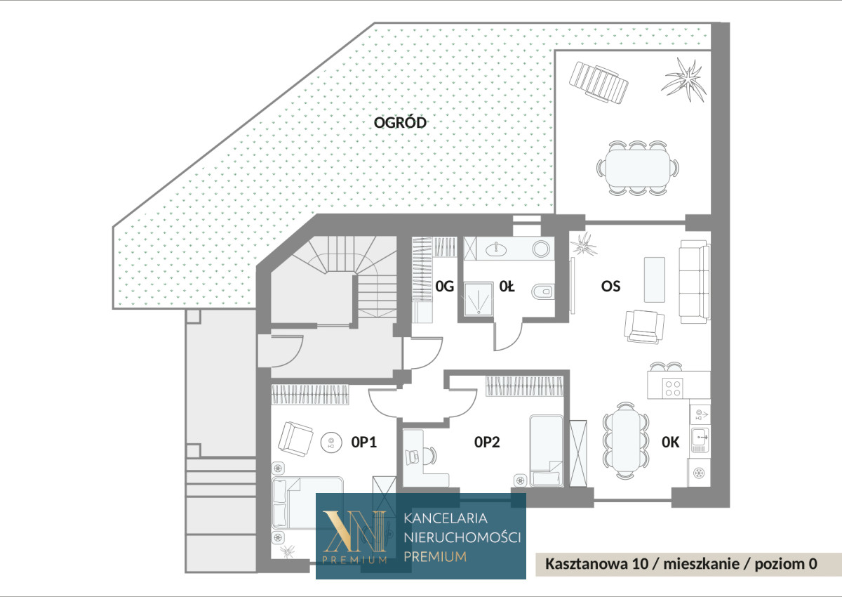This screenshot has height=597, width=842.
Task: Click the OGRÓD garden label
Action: tap(400, 122)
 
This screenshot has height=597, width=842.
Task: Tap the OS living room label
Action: tap(611, 287)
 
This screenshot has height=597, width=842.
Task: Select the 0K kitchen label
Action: tap(671, 442)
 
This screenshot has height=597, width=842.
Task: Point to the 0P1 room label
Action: tap(364, 442)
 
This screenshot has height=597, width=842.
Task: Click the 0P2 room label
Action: tap(487, 442)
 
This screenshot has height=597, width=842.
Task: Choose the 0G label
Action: tap(445, 287)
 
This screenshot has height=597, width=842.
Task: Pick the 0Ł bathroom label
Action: tap(507, 287)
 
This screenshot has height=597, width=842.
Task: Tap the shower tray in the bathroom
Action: tap(479, 299)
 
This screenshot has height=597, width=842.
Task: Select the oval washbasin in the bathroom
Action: tap(496, 249)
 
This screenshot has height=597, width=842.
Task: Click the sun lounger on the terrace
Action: tap(599, 83)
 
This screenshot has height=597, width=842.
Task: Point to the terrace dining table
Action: tap(638, 167)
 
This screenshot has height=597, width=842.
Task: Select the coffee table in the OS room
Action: tap(655, 280)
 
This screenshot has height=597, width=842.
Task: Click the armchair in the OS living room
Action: tap(644, 327)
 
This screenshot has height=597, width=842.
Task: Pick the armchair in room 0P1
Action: tap(295, 439)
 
